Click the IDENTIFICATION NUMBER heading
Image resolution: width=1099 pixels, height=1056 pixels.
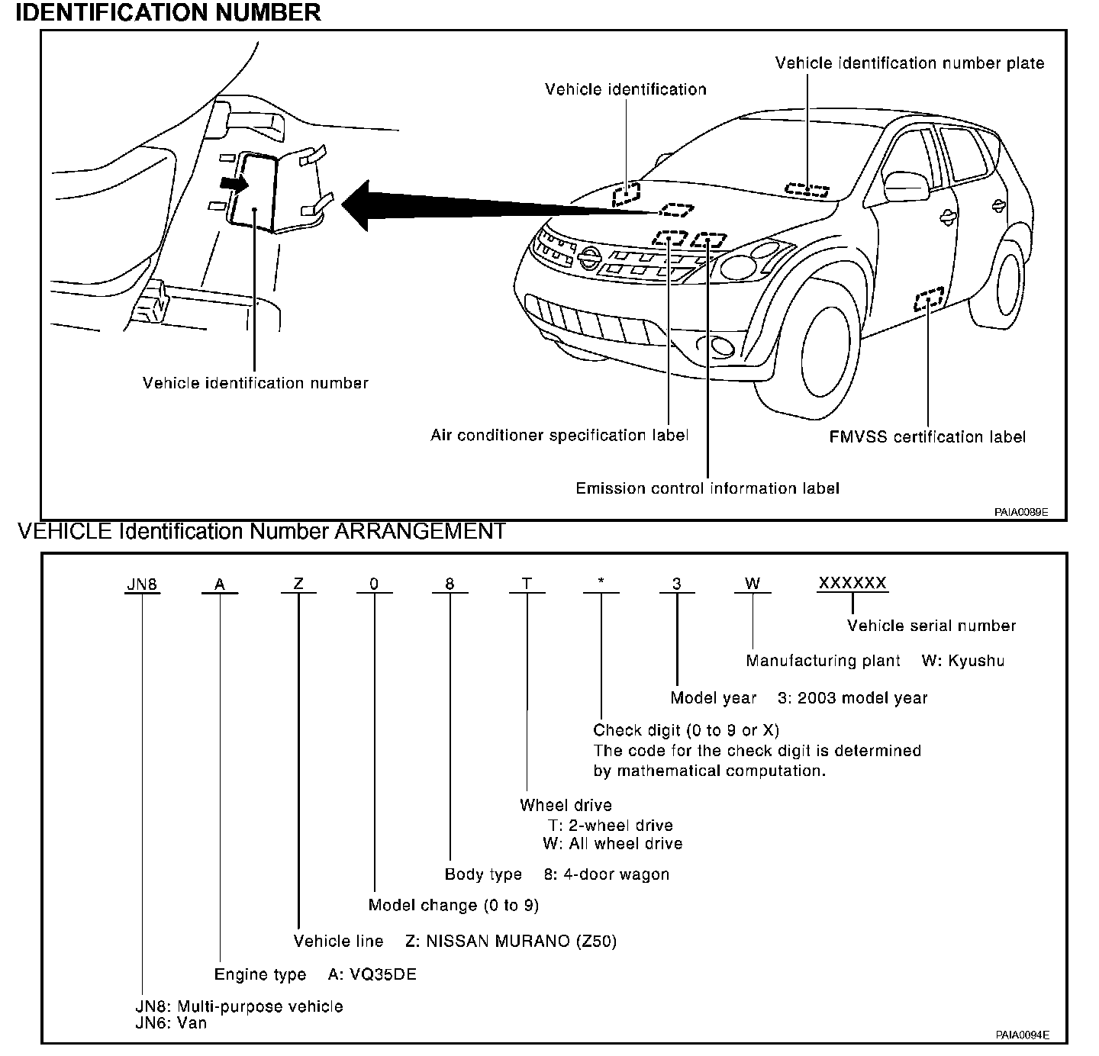click(168, 13)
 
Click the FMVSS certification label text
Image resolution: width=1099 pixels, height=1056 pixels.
click(927, 437)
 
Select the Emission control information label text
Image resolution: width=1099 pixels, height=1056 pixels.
click(707, 488)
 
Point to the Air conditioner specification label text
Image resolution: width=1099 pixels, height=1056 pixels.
click(559, 436)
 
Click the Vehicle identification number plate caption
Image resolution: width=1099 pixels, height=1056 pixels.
click(910, 63)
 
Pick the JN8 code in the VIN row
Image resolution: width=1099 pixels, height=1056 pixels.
click(142, 584)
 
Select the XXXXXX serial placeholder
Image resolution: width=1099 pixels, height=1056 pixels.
click(852, 584)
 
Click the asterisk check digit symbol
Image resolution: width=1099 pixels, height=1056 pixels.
click(601, 584)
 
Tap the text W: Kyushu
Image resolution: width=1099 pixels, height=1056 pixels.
click(962, 662)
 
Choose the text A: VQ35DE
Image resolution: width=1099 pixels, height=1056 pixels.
click(372, 975)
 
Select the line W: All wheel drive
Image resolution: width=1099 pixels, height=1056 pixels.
click(612, 844)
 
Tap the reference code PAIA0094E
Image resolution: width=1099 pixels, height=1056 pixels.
click(1021, 1035)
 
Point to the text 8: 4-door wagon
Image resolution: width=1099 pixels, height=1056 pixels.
click(616, 874)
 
